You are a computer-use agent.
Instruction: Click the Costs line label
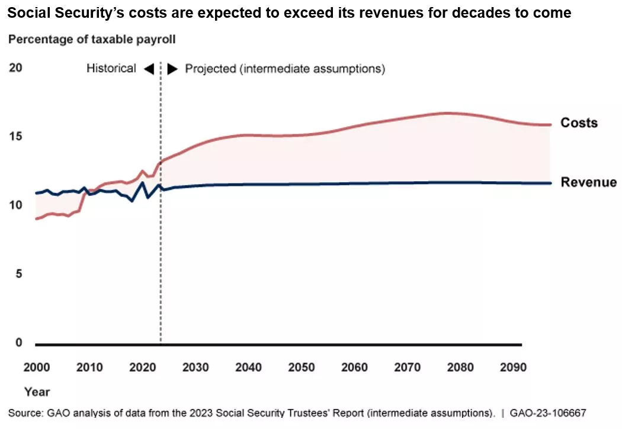tap(579, 123)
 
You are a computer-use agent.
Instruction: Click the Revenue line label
tap(588, 182)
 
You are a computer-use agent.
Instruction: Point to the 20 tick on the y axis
tap(15, 68)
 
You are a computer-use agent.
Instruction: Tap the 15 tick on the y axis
tap(15, 137)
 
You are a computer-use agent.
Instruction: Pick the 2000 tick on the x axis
tap(37, 367)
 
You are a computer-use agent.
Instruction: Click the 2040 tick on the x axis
tap(248, 367)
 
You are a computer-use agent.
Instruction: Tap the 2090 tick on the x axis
tap(513, 367)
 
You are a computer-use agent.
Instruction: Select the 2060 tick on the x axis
tap(354, 367)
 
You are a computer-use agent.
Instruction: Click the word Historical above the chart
tap(111, 69)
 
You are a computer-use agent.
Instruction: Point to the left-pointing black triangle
tap(149, 69)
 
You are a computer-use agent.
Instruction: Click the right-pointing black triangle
tap(172, 69)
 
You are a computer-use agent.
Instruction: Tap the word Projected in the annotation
tap(210, 69)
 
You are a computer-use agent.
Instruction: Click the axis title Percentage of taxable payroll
tap(92, 40)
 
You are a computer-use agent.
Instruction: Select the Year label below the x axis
tap(37, 392)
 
